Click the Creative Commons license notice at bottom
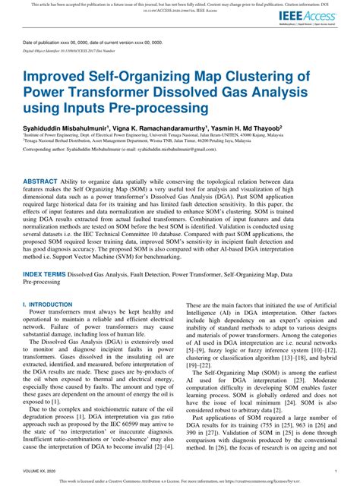pos(180,481)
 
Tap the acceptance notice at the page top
pos(180,4)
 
